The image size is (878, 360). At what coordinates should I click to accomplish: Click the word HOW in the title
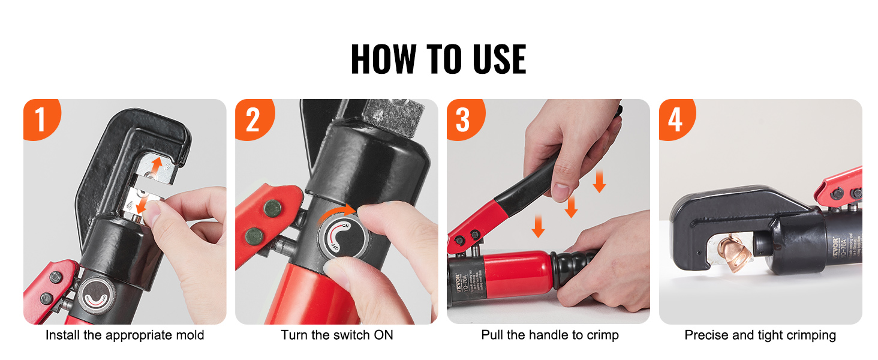tap(383, 59)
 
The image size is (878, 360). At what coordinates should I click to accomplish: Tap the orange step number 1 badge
tap(40, 119)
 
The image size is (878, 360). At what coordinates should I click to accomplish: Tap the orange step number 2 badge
tap(252, 119)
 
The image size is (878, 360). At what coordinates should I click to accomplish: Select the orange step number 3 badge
tap(463, 119)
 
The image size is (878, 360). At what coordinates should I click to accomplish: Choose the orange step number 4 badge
tap(675, 119)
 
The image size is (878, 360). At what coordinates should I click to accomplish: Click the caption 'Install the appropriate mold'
tap(125, 335)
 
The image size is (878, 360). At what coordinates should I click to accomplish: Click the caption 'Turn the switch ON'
tap(337, 335)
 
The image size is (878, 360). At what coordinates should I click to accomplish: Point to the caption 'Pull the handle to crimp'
tap(549, 335)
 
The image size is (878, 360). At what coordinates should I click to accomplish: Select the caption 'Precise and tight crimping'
tap(760, 335)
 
